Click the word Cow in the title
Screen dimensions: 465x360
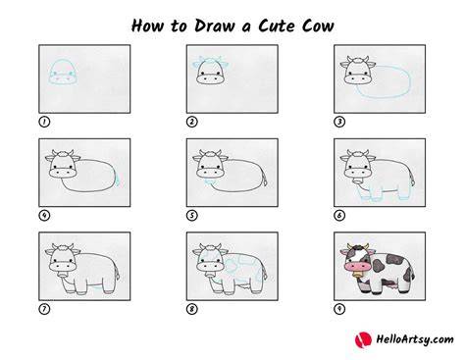(x=318, y=26)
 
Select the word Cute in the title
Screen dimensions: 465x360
(x=277, y=26)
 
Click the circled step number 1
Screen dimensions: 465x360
(x=44, y=122)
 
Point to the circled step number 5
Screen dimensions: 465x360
(x=192, y=216)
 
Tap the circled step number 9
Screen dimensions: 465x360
(x=339, y=309)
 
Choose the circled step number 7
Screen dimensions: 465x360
(x=44, y=309)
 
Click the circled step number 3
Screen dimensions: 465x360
(x=339, y=122)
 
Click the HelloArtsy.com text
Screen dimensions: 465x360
(x=415, y=339)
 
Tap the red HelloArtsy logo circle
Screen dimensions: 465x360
(x=363, y=339)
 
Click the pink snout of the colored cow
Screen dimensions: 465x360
(x=358, y=266)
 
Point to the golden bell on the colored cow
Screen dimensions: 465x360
(x=358, y=275)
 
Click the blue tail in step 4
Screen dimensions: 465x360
(x=117, y=179)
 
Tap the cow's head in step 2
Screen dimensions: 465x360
(x=211, y=71)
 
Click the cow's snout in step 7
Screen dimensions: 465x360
(x=63, y=266)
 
